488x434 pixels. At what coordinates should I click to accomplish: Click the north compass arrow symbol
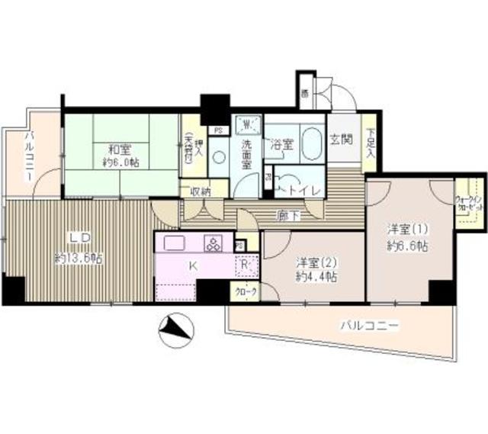pos(175,329)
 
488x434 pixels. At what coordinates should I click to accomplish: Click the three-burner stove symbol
pos(213,244)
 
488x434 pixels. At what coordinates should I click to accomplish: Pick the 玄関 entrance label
pos(341,140)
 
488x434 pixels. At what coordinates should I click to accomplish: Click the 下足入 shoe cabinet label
pos(370,144)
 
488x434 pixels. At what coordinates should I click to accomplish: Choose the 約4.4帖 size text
pos(317,276)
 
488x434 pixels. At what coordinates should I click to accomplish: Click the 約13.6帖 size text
pos(79,258)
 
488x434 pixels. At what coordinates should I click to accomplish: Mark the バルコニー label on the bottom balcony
pos(370,326)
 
